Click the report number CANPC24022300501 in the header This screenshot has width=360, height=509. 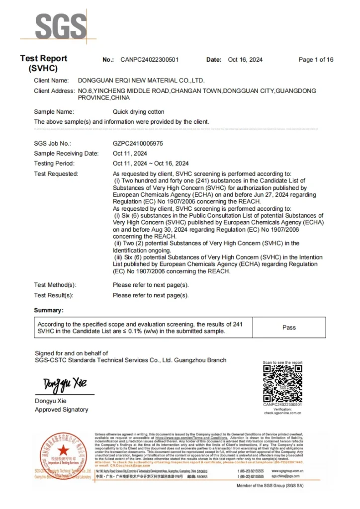149,60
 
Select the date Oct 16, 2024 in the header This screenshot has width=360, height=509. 245,60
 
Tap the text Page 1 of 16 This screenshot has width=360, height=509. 316,60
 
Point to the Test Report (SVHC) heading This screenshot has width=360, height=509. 44,63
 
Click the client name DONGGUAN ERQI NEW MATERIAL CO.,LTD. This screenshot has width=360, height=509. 141,80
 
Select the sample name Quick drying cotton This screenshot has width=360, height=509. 138,112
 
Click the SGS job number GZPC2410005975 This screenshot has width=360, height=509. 138,143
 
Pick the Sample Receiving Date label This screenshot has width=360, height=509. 66,154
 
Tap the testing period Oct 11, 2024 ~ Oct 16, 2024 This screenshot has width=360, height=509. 151,164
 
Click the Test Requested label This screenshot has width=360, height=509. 56,174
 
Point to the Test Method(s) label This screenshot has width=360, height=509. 55,285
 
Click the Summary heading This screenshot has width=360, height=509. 49,310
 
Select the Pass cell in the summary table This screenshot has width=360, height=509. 289,328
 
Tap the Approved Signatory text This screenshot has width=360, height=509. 61,410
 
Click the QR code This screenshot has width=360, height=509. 282,384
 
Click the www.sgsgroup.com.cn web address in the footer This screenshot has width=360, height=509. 288,470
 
